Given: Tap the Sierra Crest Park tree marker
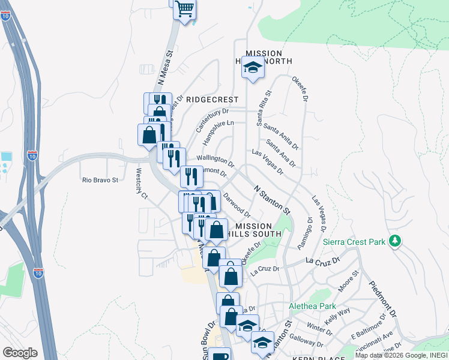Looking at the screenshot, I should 394,241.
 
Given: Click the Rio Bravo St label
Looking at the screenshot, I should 100,179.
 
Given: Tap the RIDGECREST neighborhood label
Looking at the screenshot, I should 212,100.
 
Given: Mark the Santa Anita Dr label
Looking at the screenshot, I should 282,136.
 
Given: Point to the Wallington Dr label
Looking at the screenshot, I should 215,159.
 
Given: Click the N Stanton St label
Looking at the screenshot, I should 272,200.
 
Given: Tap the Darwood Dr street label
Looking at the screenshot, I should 237,204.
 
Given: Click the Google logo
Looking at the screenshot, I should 20,352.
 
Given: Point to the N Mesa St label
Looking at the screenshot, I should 166,67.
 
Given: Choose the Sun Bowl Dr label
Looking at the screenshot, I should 208,340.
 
